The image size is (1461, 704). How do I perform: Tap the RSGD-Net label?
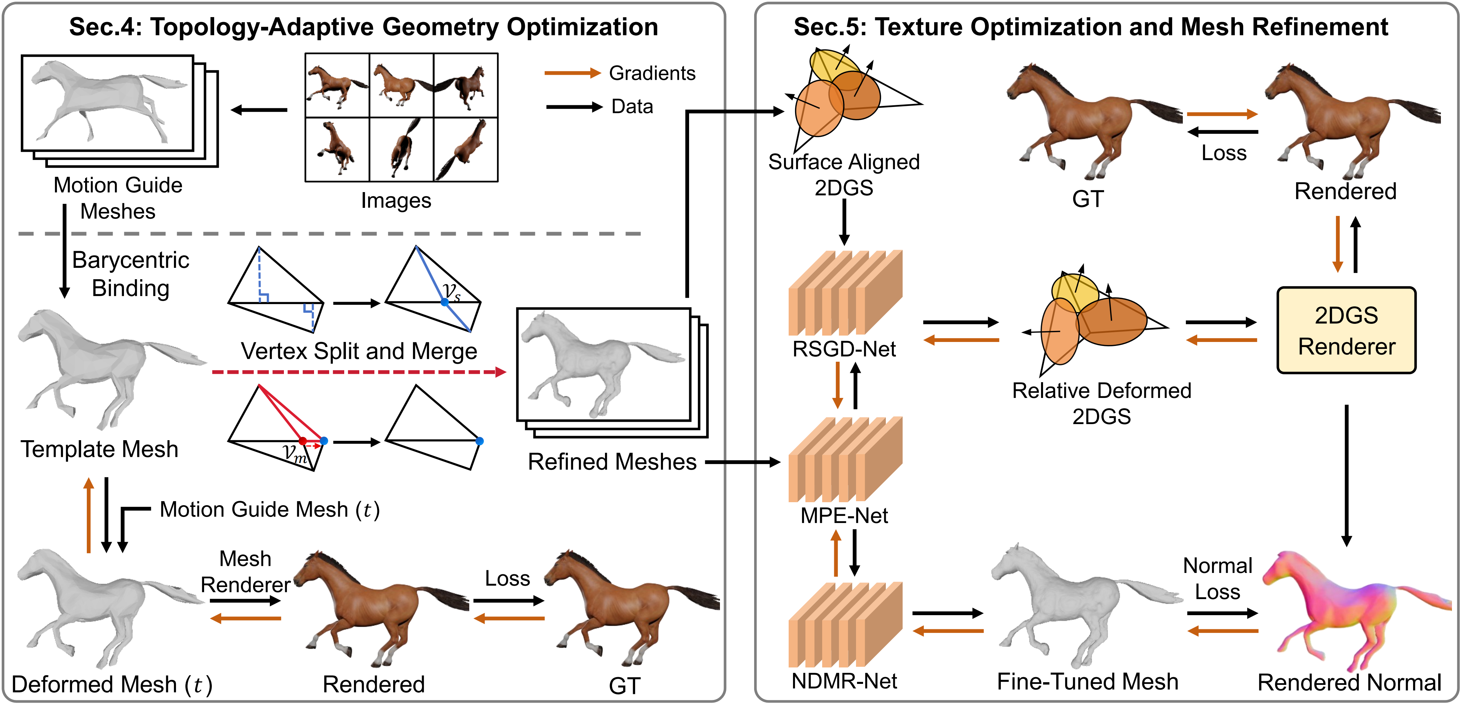[x=844, y=349]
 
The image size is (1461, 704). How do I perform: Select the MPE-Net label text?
[x=844, y=516]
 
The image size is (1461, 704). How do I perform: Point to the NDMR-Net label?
[x=844, y=681]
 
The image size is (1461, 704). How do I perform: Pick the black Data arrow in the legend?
[x=574, y=107]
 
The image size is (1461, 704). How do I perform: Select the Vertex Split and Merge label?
[x=359, y=351]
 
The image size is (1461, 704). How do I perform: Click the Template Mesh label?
[x=100, y=449]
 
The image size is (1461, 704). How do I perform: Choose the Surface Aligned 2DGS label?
[x=844, y=175]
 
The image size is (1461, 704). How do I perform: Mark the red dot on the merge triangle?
[x=303, y=441]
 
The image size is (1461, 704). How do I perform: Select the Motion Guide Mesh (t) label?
[x=270, y=510]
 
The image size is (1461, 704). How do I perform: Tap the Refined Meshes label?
[x=612, y=462]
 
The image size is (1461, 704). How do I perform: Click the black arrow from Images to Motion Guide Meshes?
[x=259, y=110]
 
